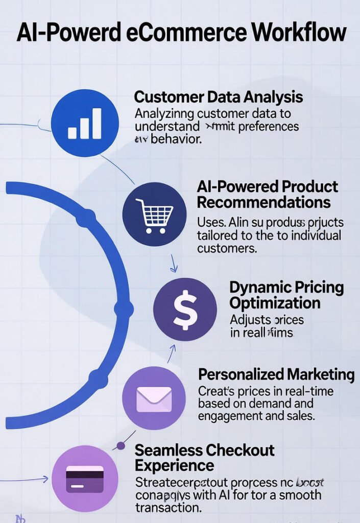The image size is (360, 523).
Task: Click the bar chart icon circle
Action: coord(85,123)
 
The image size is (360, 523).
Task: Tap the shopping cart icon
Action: coord(155,215)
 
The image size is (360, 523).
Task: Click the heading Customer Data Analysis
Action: coord(218,97)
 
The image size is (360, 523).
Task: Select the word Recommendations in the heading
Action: coord(263,202)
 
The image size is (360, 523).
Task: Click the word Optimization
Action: coord(275,303)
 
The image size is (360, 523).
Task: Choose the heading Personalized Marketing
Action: coord(276,374)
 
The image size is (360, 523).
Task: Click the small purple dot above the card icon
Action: coord(121,446)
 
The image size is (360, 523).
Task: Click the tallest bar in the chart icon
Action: coord(97,123)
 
